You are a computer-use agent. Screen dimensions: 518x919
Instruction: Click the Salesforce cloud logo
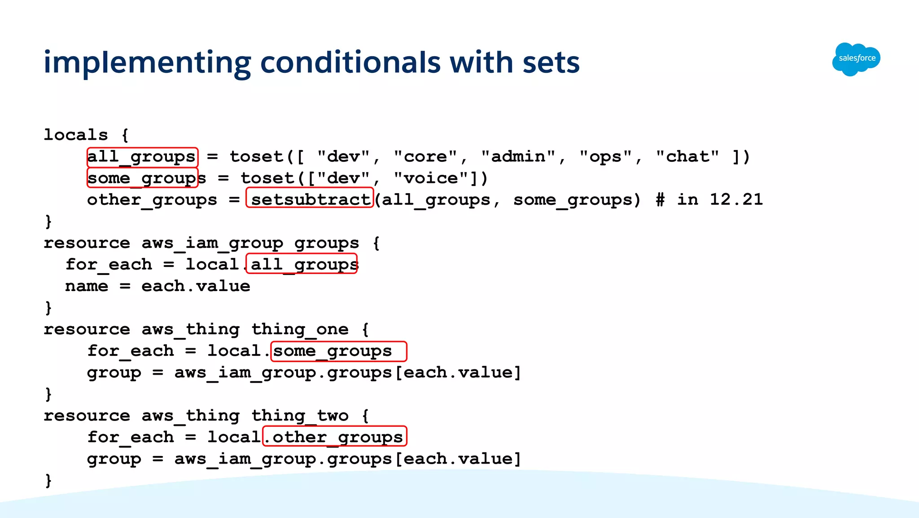[856, 59]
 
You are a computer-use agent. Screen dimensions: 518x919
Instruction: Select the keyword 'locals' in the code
[76, 135]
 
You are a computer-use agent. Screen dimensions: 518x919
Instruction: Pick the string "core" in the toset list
[426, 156]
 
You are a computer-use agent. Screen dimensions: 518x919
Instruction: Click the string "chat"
[687, 156]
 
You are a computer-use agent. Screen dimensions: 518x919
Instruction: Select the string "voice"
[432, 178]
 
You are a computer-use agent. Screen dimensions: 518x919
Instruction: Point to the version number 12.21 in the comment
[736, 199]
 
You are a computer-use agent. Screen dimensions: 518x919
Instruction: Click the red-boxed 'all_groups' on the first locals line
[142, 157]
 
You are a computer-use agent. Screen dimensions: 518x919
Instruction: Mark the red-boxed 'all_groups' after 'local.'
[303, 264]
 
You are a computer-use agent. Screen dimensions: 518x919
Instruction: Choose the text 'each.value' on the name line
[196, 286]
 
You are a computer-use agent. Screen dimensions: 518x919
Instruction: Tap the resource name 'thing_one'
[300, 329]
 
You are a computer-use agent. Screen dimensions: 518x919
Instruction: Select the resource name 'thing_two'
[300, 416]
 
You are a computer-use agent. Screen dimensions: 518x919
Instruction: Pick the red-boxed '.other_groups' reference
[335, 437]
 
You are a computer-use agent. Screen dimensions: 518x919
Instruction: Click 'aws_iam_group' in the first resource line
[212, 243]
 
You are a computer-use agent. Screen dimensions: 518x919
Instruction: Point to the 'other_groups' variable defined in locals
[152, 200]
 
